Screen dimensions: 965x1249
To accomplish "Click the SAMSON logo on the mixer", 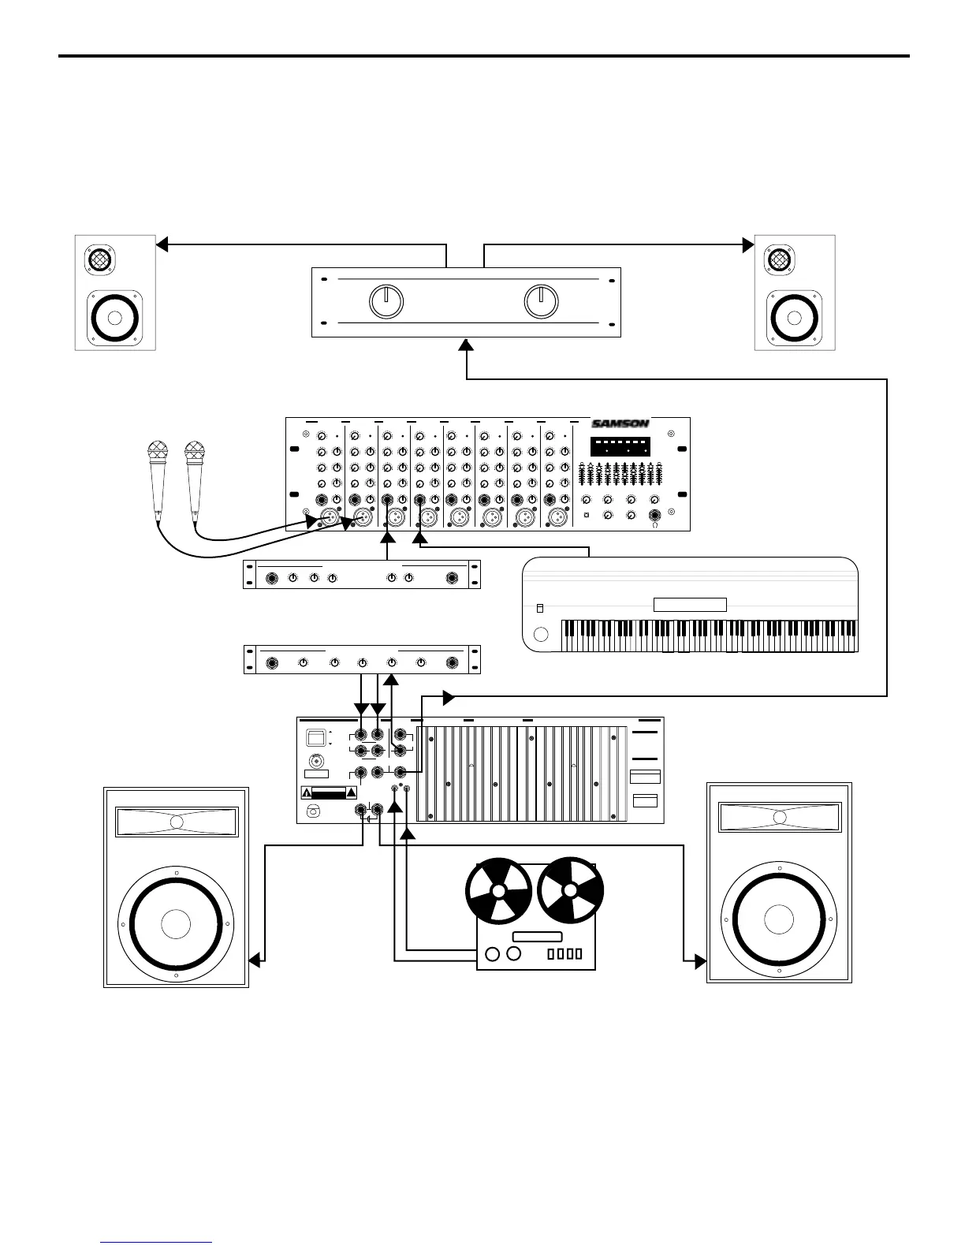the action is coord(620,423).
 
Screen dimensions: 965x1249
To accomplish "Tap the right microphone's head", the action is coord(193,452).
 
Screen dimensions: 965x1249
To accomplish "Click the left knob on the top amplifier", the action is coord(386,301).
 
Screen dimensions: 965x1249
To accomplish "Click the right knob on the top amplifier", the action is coord(542,301).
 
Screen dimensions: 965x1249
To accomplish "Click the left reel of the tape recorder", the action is coord(499,893).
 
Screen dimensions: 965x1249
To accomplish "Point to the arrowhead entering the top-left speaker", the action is coord(162,244).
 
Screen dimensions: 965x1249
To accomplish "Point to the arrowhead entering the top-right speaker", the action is coord(748,244).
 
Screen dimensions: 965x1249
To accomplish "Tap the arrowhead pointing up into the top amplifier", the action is coord(467,345).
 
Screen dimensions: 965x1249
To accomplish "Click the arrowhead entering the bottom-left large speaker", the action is coord(255,960).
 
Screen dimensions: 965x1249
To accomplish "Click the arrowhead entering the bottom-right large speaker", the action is coord(700,960).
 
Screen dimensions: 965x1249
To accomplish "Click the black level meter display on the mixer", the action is coord(620,446).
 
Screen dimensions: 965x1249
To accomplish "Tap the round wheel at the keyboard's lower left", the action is coord(541,635).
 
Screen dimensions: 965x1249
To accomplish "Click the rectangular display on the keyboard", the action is coord(690,605).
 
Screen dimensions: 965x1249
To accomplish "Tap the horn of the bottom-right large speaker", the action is coord(779,817).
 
